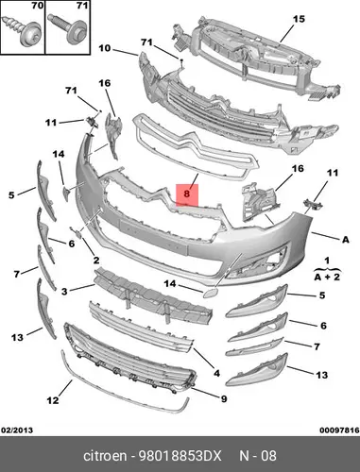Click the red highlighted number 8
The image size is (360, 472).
(187, 194)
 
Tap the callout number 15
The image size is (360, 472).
(299, 19)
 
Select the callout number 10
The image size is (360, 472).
(105, 48)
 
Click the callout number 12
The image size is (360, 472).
(53, 400)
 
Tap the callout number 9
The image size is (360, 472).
(224, 399)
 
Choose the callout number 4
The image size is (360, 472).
(216, 373)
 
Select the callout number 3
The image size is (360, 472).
(64, 292)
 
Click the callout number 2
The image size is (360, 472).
(96, 260)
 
